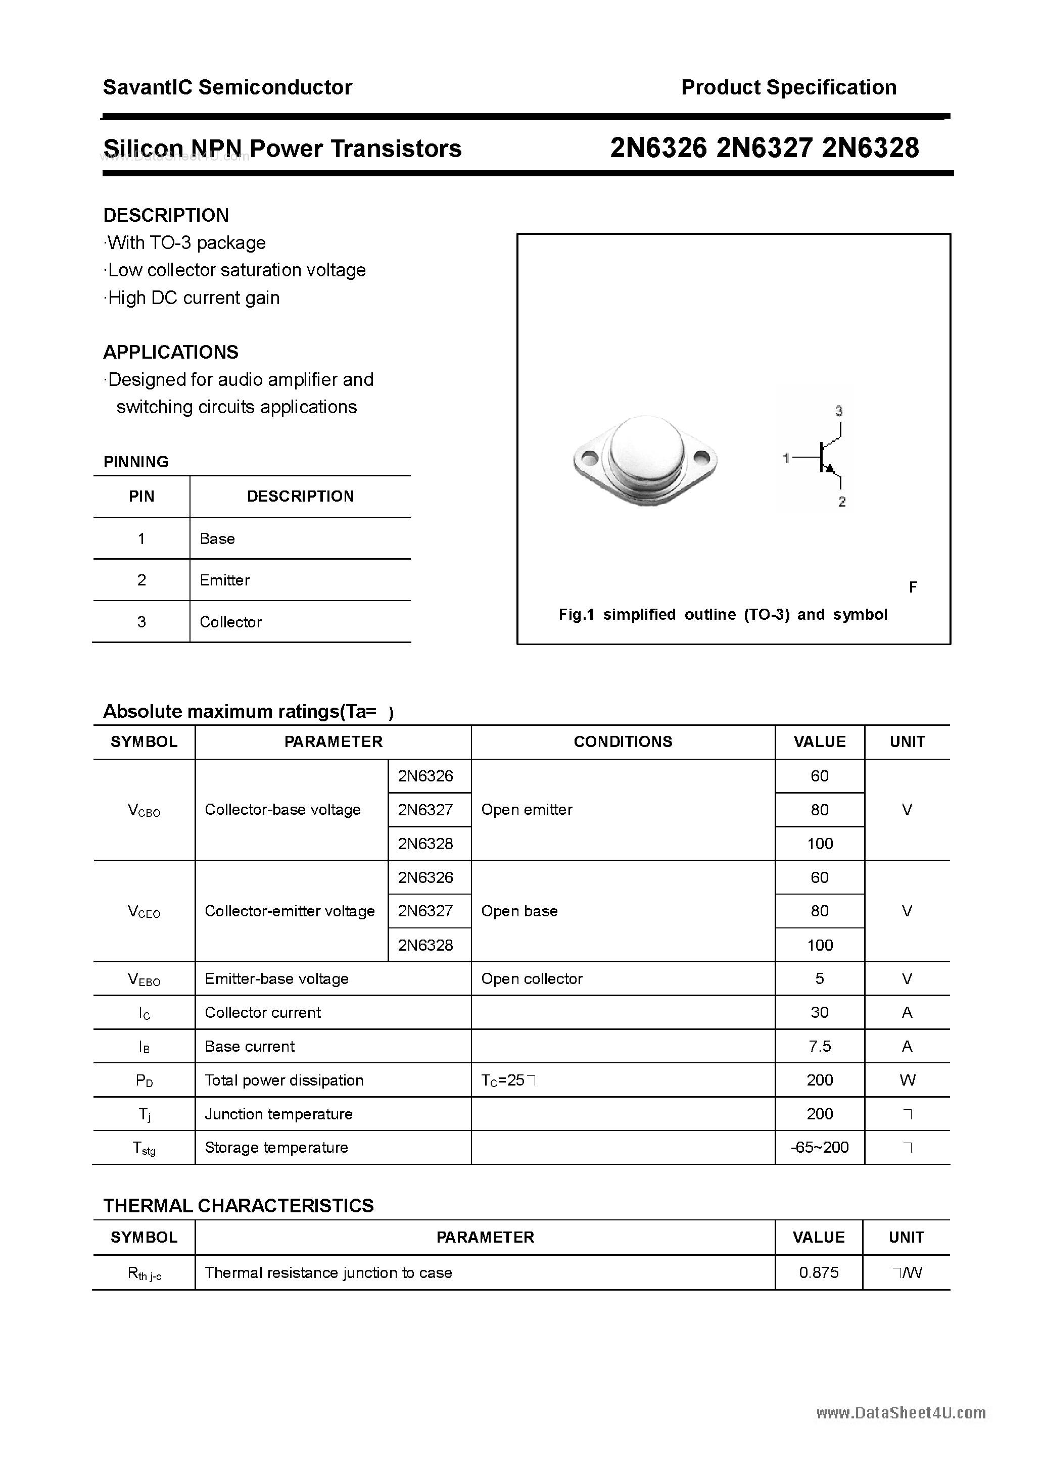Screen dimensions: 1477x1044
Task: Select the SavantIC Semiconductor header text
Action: [227, 87]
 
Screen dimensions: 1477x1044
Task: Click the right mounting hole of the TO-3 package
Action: [701, 459]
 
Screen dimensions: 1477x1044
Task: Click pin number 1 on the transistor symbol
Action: [786, 458]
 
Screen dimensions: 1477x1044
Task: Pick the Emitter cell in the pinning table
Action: [225, 580]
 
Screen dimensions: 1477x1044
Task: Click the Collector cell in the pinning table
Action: [230, 622]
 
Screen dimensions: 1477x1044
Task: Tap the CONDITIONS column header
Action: [623, 742]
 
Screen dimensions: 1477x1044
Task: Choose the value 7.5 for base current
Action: [819, 1047]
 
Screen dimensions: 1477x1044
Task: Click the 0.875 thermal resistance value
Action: [819, 1272]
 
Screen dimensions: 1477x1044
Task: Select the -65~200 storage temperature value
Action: [819, 1147]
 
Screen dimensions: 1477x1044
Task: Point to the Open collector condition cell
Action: [532, 978]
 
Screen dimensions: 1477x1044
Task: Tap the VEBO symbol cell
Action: [144, 980]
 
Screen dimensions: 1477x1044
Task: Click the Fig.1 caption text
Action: [722, 614]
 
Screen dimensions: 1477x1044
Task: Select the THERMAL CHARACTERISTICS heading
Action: [238, 1206]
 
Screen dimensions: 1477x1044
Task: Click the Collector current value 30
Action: [819, 1013]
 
